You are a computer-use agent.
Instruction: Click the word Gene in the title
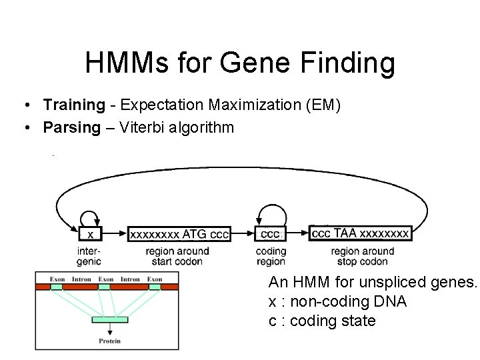click(253, 63)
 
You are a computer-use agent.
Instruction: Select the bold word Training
click(74, 105)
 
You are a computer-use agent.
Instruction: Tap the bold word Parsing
click(71, 127)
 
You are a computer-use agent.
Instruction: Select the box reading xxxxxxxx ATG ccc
click(179, 234)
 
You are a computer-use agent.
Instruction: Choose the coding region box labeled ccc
click(270, 234)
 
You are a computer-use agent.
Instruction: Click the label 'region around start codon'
click(177, 256)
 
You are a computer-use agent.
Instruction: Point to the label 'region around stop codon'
click(363, 256)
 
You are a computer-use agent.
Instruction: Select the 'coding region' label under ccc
click(271, 256)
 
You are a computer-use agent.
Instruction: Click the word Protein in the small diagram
click(110, 341)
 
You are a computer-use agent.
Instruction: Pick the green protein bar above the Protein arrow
click(110, 319)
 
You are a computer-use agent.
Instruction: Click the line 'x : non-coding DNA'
click(337, 301)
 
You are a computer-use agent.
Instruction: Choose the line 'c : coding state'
click(322, 321)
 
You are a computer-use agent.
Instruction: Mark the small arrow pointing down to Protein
click(110, 330)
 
